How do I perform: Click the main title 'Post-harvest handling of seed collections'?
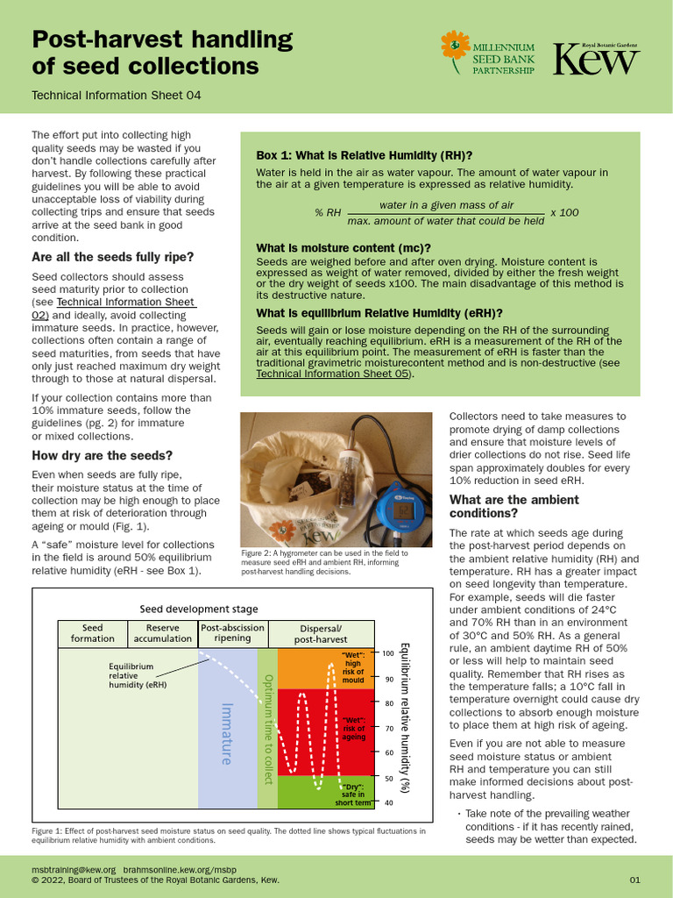pos(162,53)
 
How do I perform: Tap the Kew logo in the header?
pos(596,59)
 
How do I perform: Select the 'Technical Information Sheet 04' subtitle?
pos(116,95)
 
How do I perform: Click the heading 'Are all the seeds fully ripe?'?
pos(113,257)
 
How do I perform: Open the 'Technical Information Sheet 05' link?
pos(333,374)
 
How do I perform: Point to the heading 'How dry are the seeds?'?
pos(103,455)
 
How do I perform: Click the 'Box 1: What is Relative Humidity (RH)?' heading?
pos(364,155)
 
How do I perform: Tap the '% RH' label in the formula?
pos(327,213)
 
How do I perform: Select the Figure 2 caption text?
pos(324,562)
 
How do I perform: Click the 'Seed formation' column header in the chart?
pos(92,633)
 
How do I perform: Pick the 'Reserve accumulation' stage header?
pos(162,633)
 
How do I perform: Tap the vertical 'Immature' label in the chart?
pos(226,733)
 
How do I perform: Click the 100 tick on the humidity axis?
pos(387,653)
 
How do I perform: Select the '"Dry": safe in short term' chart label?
pos(353,795)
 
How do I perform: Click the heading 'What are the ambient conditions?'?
pos(514,506)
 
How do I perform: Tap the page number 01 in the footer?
pos(634,880)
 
